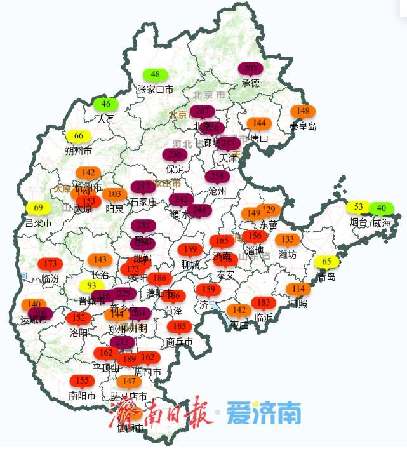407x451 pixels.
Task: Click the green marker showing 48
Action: pyautogui.click(x=155, y=75)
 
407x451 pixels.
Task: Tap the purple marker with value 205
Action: pyautogui.click(x=250, y=69)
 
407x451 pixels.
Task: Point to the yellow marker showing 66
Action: pyautogui.click(x=79, y=136)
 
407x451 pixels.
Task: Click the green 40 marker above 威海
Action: pyautogui.click(x=381, y=208)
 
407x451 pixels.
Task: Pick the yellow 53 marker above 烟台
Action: pyautogui.click(x=358, y=207)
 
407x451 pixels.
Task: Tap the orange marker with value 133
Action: pyautogui.click(x=288, y=239)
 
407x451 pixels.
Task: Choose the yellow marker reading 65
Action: pyautogui.click(x=326, y=262)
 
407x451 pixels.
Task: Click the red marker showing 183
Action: pyautogui.click(x=263, y=303)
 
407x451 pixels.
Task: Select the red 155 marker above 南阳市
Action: pyautogui.click(x=82, y=381)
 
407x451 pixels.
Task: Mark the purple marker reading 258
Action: pyautogui.click(x=217, y=177)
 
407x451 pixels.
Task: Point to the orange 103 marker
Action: pyautogui.click(x=114, y=194)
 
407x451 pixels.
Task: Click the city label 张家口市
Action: pyautogui.click(x=155, y=90)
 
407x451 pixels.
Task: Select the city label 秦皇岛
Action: pyautogui.click(x=303, y=126)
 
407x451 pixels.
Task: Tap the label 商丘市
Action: pyautogui.click(x=180, y=342)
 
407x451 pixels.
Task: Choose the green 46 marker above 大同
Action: pyautogui.click(x=105, y=104)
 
